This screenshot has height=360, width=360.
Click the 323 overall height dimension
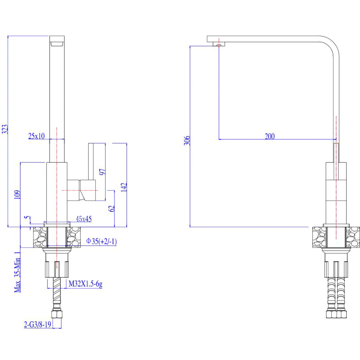click(x=5, y=129)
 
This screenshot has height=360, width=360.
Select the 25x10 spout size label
click(x=36, y=136)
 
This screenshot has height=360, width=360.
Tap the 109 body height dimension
click(x=17, y=194)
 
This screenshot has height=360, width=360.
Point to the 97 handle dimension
click(x=102, y=172)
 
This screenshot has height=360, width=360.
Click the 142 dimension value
click(x=124, y=187)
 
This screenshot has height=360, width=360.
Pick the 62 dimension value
click(x=111, y=208)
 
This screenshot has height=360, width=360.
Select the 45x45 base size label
click(x=84, y=219)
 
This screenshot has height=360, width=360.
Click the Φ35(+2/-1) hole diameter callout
click(x=102, y=241)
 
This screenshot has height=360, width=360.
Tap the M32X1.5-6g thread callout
click(x=85, y=284)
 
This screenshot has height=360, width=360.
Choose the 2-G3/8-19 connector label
click(x=37, y=324)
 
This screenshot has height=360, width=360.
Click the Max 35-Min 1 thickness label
click(x=17, y=272)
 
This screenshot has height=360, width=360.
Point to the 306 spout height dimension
click(x=187, y=140)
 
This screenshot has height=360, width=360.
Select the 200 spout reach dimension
click(x=270, y=136)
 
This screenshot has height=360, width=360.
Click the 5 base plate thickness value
click(x=28, y=217)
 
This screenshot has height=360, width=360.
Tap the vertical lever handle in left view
click(x=91, y=161)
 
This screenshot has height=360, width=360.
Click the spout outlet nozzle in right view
click(x=219, y=44)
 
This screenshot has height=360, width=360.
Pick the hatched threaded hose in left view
click(x=57, y=290)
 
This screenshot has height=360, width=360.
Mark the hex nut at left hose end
click(x=57, y=314)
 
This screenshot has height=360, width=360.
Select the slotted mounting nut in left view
click(x=57, y=269)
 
